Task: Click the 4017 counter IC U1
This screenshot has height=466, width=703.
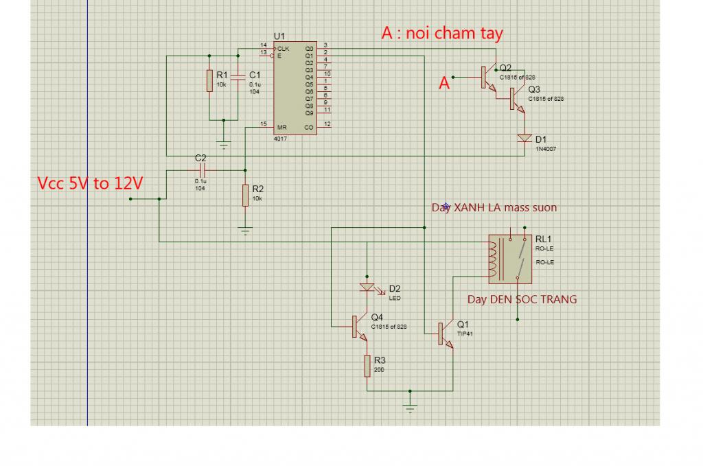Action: click(x=295, y=87)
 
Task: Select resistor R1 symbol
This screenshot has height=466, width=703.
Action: click(x=209, y=80)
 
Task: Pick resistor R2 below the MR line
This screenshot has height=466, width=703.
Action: click(x=245, y=196)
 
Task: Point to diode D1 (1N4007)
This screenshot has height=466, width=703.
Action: click(x=525, y=138)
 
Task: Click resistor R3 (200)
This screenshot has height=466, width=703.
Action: click(x=367, y=366)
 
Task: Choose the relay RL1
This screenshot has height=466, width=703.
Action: click(x=509, y=259)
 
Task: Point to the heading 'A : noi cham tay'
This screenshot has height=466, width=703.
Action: click(x=442, y=34)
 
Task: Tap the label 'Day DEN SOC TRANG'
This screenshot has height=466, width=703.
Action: click(x=522, y=299)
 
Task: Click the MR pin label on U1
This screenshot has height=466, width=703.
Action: click(x=281, y=128)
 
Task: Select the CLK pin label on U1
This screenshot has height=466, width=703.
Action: click(x=283, y=49)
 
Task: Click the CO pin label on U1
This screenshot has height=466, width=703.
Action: click(x=308, y=128)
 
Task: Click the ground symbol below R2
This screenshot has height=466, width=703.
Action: click(x=245, y=230)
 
